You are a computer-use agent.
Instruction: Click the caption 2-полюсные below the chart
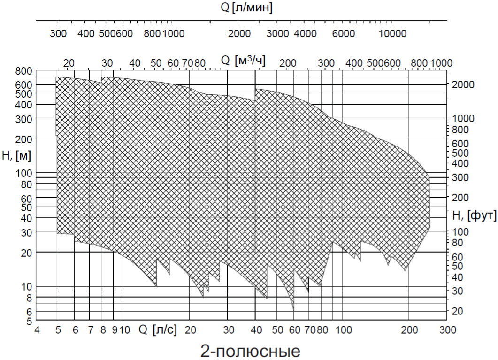249,350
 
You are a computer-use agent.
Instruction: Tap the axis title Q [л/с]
158,329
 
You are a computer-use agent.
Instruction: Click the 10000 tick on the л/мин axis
392,33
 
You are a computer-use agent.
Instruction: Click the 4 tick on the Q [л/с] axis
37,329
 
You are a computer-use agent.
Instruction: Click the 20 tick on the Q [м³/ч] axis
69,63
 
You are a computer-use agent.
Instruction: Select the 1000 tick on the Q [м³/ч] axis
441,63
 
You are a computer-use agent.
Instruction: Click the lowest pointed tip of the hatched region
293,310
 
